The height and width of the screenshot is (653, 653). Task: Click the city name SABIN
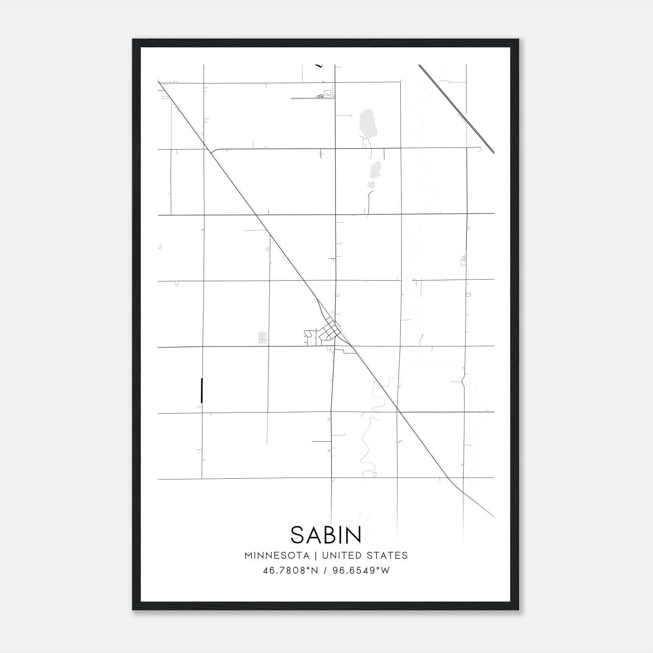[x=326, y=535]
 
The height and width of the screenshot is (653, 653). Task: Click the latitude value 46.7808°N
[x=290, y=571]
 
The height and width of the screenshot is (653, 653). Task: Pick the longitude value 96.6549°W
[x=361, y=571]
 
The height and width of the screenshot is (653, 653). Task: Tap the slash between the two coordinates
[x=325, y=571]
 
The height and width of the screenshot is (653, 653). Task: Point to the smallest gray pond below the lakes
[x=371, y=184]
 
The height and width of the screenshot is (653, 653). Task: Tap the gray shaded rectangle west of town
[x=262, y=338]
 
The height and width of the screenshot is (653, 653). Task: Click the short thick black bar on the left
[x=202, y=391]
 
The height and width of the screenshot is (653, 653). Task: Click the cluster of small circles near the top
[x=321, y=97]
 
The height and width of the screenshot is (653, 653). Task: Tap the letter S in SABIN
[x=297, y=535]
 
